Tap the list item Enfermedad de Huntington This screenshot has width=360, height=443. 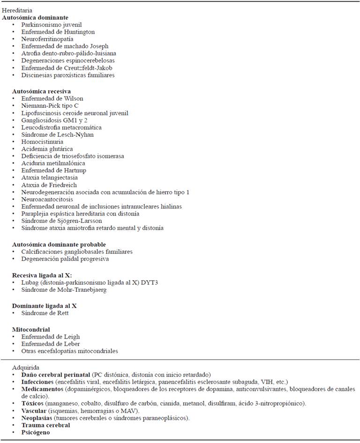point(58,32)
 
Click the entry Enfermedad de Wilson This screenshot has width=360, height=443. point(52,98)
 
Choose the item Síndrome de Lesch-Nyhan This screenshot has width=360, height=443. point(57,134)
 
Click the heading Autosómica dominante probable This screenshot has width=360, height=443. point(59,244)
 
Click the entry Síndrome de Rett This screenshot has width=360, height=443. point(45,313)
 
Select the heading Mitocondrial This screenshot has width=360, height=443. point(31,329)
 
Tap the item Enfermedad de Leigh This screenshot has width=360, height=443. point(50,337)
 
